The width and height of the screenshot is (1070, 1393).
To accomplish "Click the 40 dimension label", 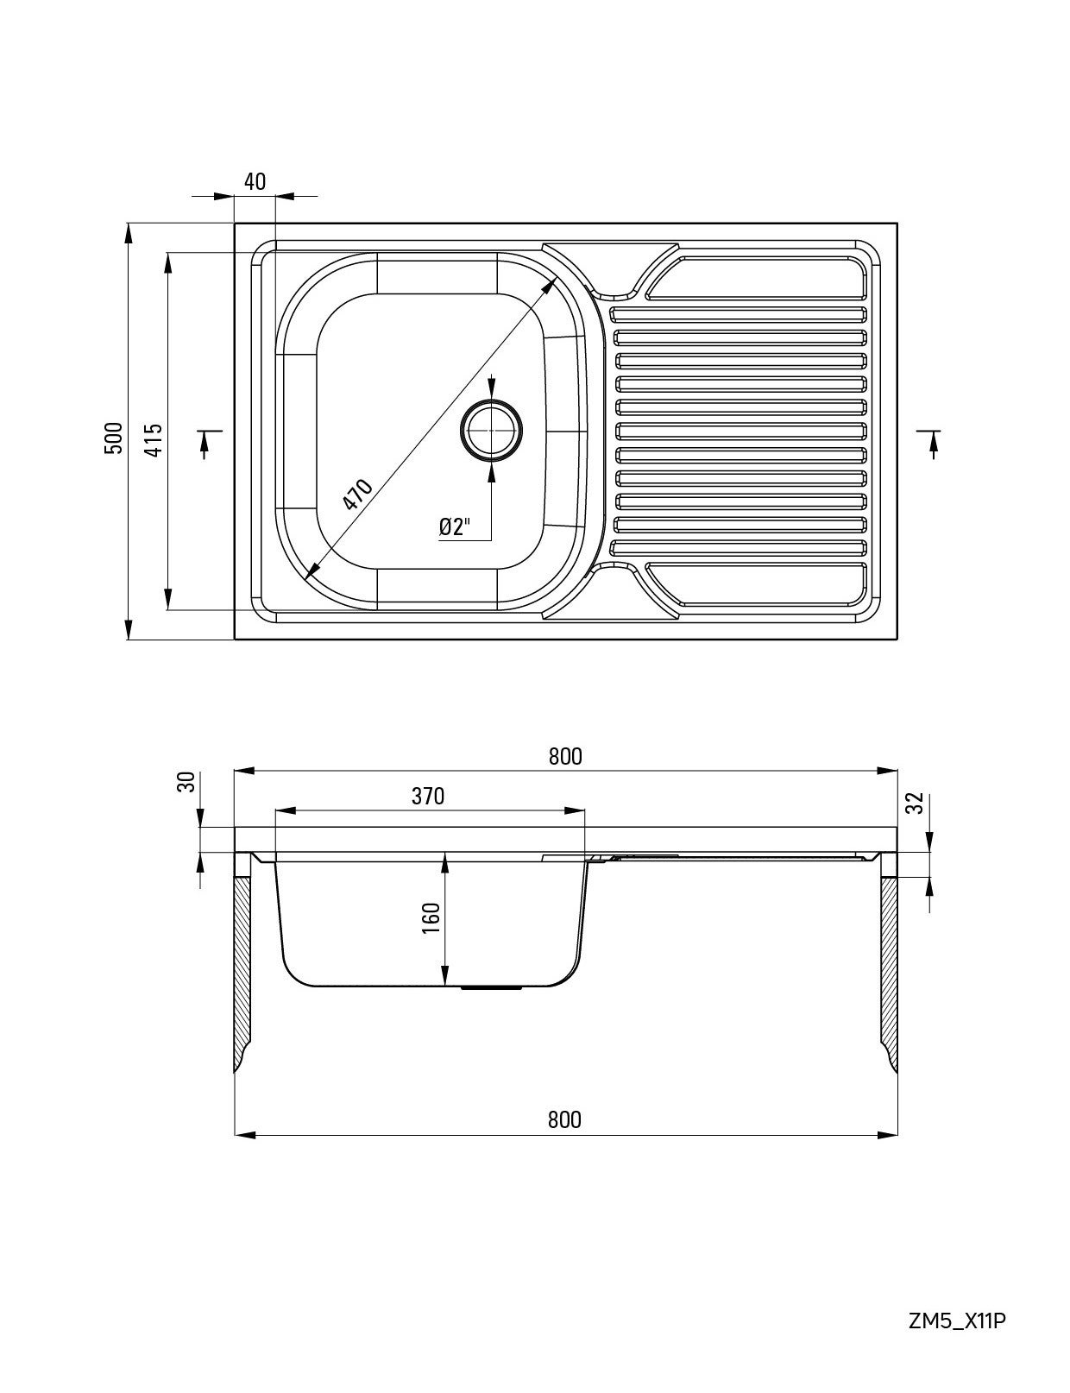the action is (x=255, y=181).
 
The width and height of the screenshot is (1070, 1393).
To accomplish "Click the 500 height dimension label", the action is (x=113, y=438).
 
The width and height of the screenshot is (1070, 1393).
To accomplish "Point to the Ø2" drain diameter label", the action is (x=455, y=526).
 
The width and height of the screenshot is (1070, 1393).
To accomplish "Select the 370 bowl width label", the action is (x=428, y=796).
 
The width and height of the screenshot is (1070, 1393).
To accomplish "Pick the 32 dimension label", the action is (x=916, y=803).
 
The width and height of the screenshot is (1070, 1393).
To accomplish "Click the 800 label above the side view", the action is (x=565, y=756).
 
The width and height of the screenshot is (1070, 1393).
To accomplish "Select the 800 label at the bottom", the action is (x=564, y=1119).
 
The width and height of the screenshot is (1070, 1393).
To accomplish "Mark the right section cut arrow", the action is (x=932, y=442).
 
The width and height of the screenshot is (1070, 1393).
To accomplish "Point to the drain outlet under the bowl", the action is (x=492, y=987).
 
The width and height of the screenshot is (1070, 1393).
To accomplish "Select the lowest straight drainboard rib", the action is (x=738, y=546).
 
